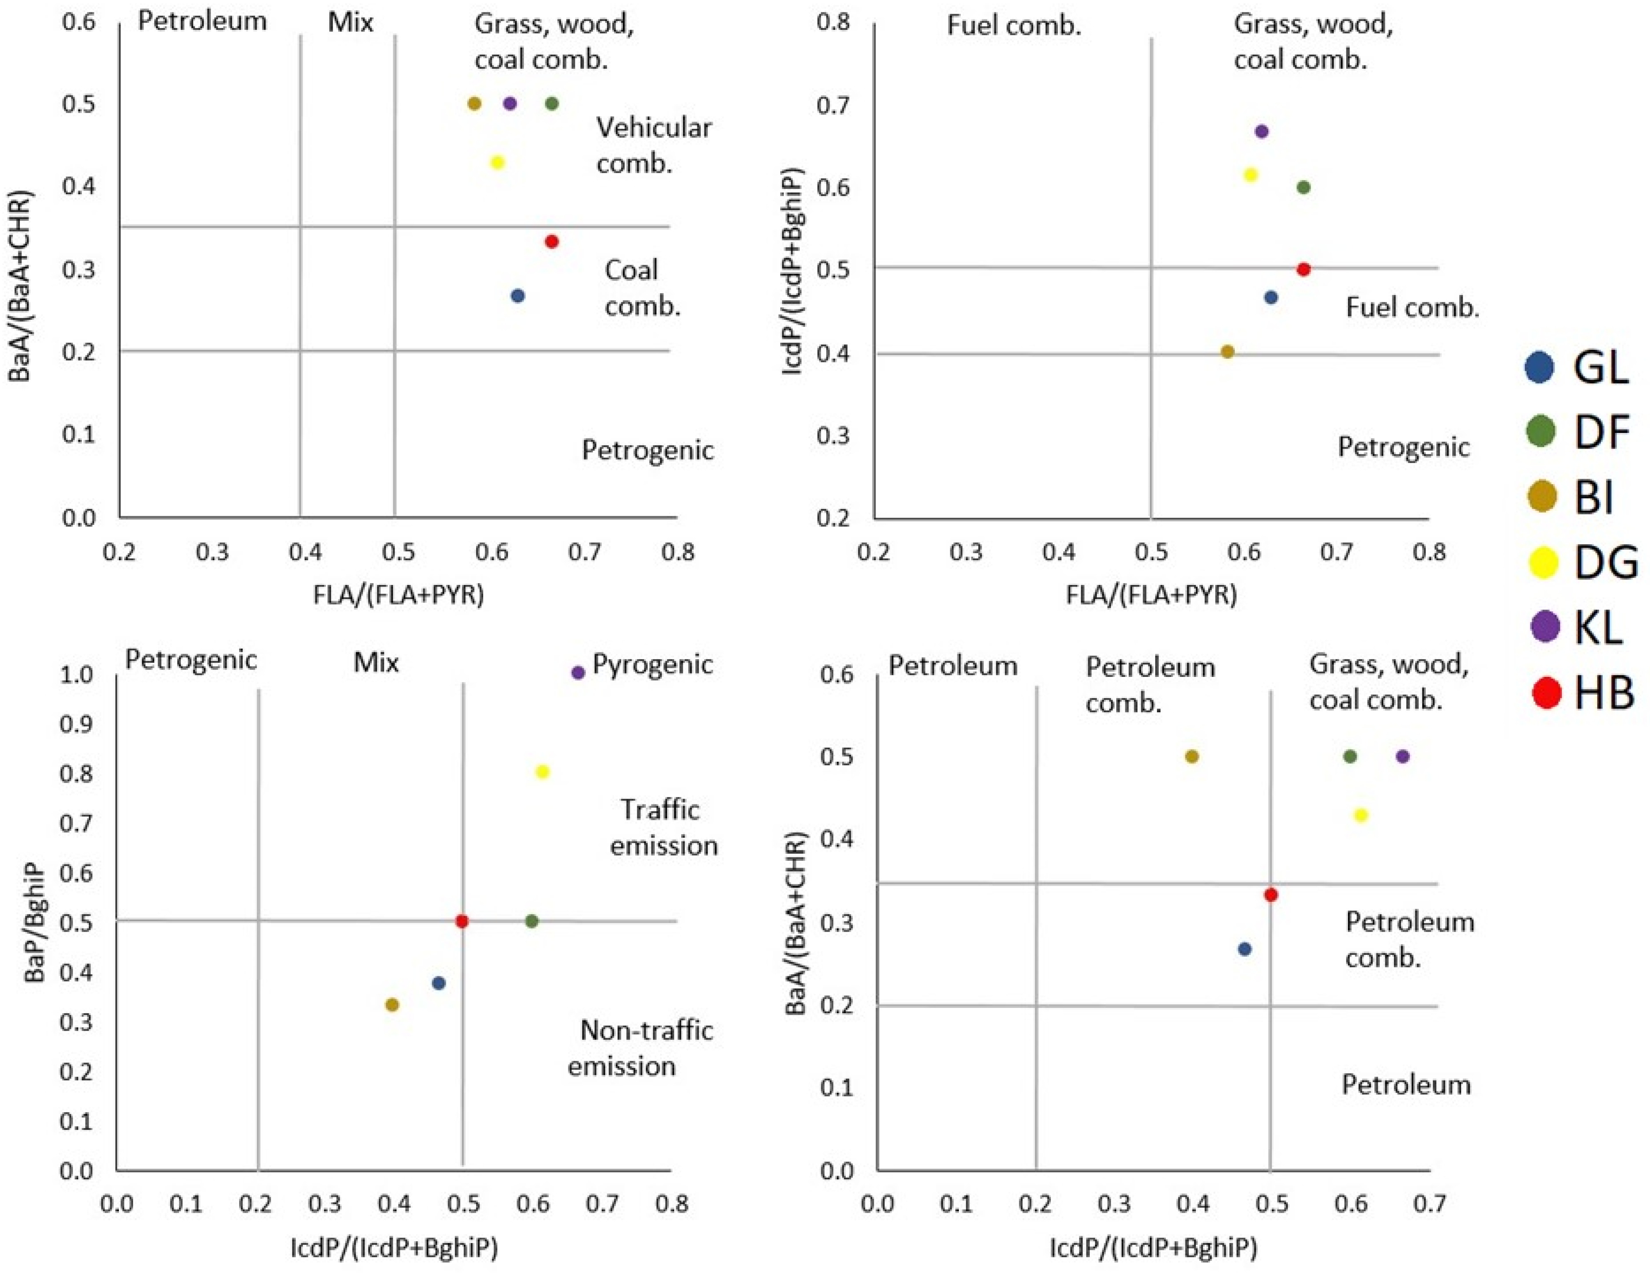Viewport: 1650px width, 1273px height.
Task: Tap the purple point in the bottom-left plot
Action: [x=578, y=672]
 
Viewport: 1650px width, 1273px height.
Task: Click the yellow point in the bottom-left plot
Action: [x=542, y=771]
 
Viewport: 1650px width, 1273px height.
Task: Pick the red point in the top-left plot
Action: [x=552, y=241]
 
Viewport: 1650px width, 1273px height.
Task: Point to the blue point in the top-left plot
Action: [x=518, y=295]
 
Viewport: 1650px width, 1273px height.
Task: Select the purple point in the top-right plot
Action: [x=1261, y=131]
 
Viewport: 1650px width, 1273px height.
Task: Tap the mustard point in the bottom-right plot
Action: [x=1191, y=756]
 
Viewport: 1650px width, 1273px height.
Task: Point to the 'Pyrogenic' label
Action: [x=652, y=664]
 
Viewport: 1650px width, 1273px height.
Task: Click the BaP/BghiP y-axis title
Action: [x=34, y=923]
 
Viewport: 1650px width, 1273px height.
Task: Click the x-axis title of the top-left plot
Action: [x=398, y=595]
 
